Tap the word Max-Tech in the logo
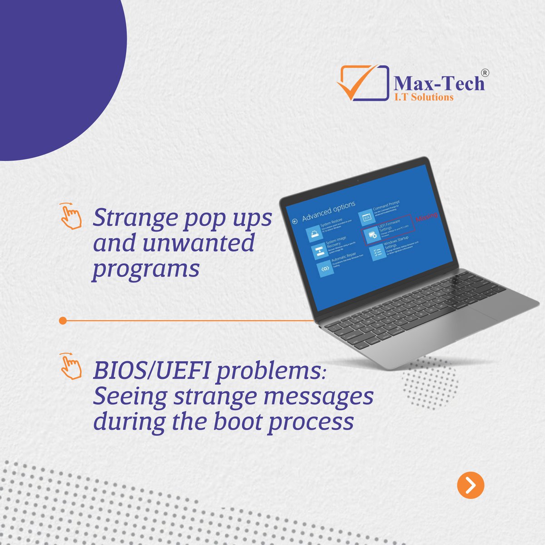click(439, 84)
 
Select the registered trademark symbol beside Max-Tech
click(485, 73)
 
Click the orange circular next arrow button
click(471, 485)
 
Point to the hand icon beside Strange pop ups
click(70, 216)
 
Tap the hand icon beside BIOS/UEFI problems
click(70, 367)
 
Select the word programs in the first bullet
click(146, 269)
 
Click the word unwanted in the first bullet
click(198, 243)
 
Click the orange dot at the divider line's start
click(63, 321)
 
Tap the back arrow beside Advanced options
click(294, 221)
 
